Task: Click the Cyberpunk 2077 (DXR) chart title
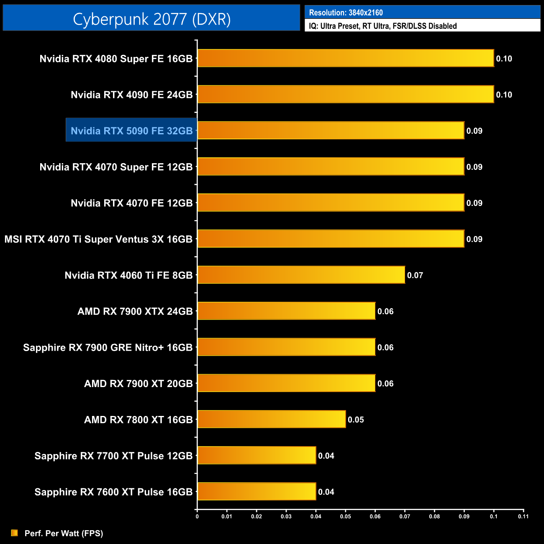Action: tap(151, 19)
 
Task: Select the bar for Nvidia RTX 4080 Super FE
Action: tap(346, 58)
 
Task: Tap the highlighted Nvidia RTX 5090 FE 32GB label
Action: tap(131, 131)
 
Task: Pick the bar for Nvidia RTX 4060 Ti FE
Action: tap(301, 275)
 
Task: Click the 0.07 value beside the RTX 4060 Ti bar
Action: tap(415, 275)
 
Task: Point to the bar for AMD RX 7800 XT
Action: tap(272, 419)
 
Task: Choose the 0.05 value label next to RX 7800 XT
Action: tap(356, 420)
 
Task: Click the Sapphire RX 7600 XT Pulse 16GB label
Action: tap(113, 492)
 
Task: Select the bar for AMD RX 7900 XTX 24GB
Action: tap(286, 311)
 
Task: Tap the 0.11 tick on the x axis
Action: tap(523, 516)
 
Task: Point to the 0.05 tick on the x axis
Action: tap(345, 516)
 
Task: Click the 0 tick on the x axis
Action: tap(197, 516)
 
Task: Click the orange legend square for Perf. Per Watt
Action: tap(15, 533)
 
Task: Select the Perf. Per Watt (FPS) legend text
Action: tap(64, 533)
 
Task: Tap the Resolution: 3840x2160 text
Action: tap(346, 13)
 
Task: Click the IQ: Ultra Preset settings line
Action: tap(382, 26)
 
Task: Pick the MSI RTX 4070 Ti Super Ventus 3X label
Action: tap(98, 239)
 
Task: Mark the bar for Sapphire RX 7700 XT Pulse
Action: tap(257, 455)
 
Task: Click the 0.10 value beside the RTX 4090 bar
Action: tap(504, 95)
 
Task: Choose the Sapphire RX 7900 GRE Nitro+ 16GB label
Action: tap(108, 347)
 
